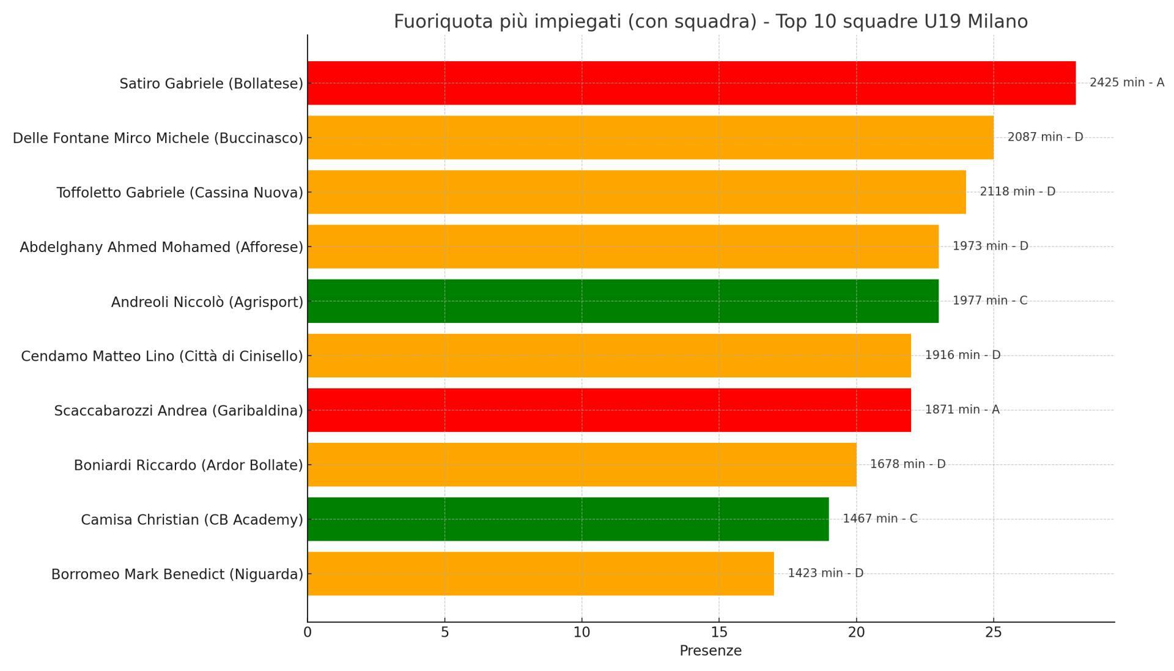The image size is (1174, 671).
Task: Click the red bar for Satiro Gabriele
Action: pyautogui.click(x=691, y=83)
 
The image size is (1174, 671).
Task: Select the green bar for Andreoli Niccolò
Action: pyautogui.click(x=622, y=301)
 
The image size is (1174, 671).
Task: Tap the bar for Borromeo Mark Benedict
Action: pyautogui.click(x=540, y=574)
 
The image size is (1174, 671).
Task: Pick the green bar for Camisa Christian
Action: pyautogui.click(x=567, y=519)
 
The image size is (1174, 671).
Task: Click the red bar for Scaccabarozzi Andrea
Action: pyautogui.click(x=608, y=410)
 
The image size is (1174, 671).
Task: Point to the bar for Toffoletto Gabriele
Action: pyautogui.click(x=636, y=192)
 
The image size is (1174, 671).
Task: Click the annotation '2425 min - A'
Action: pyautogui.click(x=1126, y=83)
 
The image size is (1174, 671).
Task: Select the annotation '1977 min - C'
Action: pyautogui.click(x=989, y=300)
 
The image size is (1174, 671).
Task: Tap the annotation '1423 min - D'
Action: pyautogui.click(x=825, y=573)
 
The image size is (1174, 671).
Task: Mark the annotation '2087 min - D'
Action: pyautogui.click(x=1044, y=137)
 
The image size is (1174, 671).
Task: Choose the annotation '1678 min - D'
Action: pyautogui.click(x=907, y=464)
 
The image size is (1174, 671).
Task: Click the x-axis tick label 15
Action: pyautogui.click(x=718, y=632)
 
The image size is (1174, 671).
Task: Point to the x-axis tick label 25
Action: pyautogui.click(x=993, y=632)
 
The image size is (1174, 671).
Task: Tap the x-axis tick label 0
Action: pyautogui.click(x=308, y=632)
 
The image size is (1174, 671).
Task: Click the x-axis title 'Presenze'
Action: pyautogui.click(x=710, y=651)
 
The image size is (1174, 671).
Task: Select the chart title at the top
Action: pyautogui.click(x=710, y=21)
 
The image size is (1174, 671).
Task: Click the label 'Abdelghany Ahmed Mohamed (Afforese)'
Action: pyautogui.click(x=161, y=247)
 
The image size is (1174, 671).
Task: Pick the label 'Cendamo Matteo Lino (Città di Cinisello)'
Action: pyautogui.click(x=162, y=356)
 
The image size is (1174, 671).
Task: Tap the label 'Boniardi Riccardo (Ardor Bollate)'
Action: pyautogui.click(x=188, y=465)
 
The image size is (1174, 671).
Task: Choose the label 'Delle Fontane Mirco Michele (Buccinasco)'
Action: pyautogui.click(x=158, y=138)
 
